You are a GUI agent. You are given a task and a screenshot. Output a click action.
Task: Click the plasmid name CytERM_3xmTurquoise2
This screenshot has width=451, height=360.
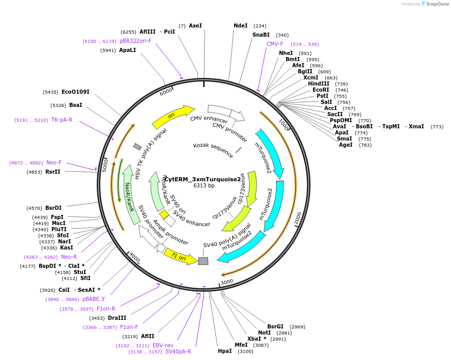click(203, 179)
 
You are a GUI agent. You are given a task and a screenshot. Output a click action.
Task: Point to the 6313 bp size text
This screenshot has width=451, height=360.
click(204, 186)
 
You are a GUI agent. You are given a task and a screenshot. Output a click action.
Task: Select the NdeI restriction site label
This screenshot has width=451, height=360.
click(240, 25)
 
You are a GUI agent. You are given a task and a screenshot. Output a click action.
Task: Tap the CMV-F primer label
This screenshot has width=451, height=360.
click(275, 44)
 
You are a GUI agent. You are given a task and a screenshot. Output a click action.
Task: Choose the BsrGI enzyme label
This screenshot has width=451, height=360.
click(275, 326)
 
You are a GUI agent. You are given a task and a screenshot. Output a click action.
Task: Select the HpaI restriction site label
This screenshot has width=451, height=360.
click(224, 351)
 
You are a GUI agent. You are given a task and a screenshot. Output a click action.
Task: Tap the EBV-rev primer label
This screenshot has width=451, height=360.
click(163, 345)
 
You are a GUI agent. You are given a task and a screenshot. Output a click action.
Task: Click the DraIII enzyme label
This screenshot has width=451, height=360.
click(117, 318)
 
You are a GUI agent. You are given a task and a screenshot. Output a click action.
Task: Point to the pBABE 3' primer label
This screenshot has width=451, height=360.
click(94, 299)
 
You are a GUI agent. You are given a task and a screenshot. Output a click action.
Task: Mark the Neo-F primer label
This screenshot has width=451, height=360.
click(54, 162)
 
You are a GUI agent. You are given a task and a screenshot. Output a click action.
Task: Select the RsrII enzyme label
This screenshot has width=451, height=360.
click(53, 172)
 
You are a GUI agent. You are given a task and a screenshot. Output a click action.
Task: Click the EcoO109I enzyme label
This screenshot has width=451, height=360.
click(75, 92)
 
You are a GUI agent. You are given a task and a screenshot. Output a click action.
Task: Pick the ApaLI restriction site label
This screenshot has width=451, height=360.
click(127, 50)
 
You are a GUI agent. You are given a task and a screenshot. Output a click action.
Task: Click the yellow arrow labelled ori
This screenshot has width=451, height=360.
click(173, 117)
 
